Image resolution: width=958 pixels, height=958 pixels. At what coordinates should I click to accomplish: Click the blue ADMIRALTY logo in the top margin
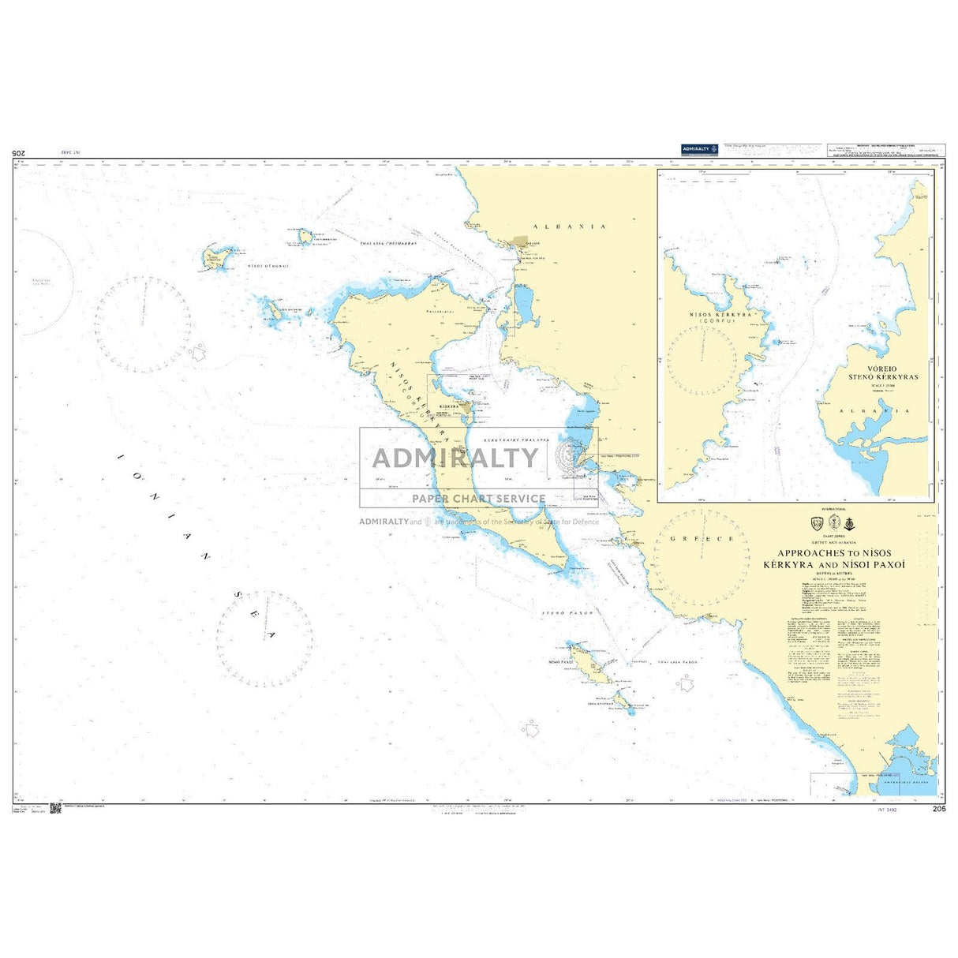point(699,149)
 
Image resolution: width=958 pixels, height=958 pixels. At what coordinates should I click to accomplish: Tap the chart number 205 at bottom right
point(938,809)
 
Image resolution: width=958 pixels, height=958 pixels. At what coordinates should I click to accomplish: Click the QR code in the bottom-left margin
point(55,809)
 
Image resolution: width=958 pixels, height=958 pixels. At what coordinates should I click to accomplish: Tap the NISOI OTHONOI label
point(268,266)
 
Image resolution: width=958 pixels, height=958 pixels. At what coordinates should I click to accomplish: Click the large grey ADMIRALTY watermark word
point(455,458)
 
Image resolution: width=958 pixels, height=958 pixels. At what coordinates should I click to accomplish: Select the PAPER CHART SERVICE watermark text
point(479,499)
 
